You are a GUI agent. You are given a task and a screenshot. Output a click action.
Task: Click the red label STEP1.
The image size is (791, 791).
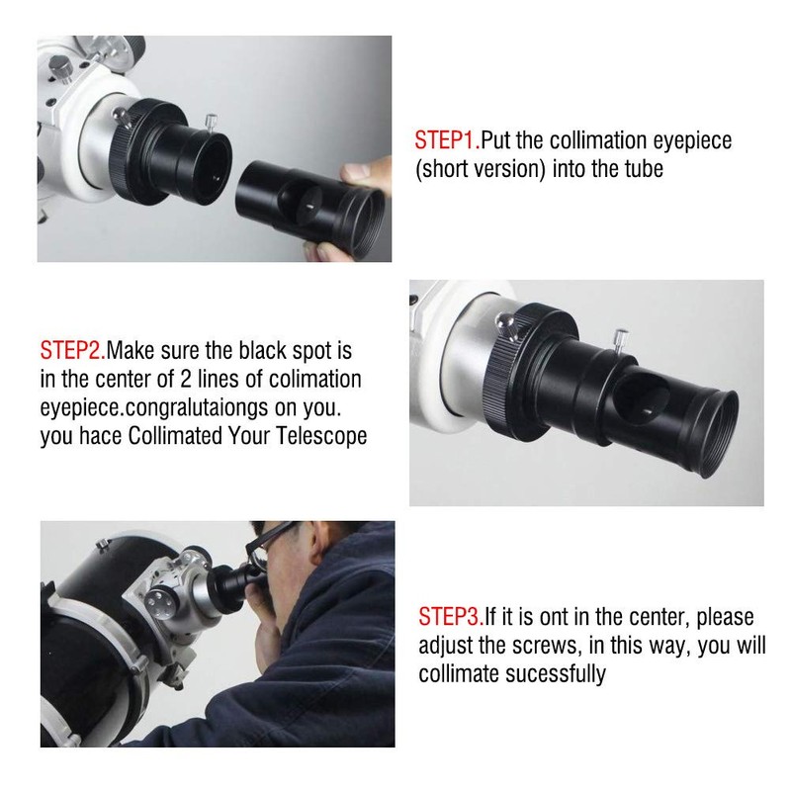point(446,140)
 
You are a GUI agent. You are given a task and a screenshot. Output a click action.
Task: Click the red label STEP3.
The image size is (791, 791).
point(451,617)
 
